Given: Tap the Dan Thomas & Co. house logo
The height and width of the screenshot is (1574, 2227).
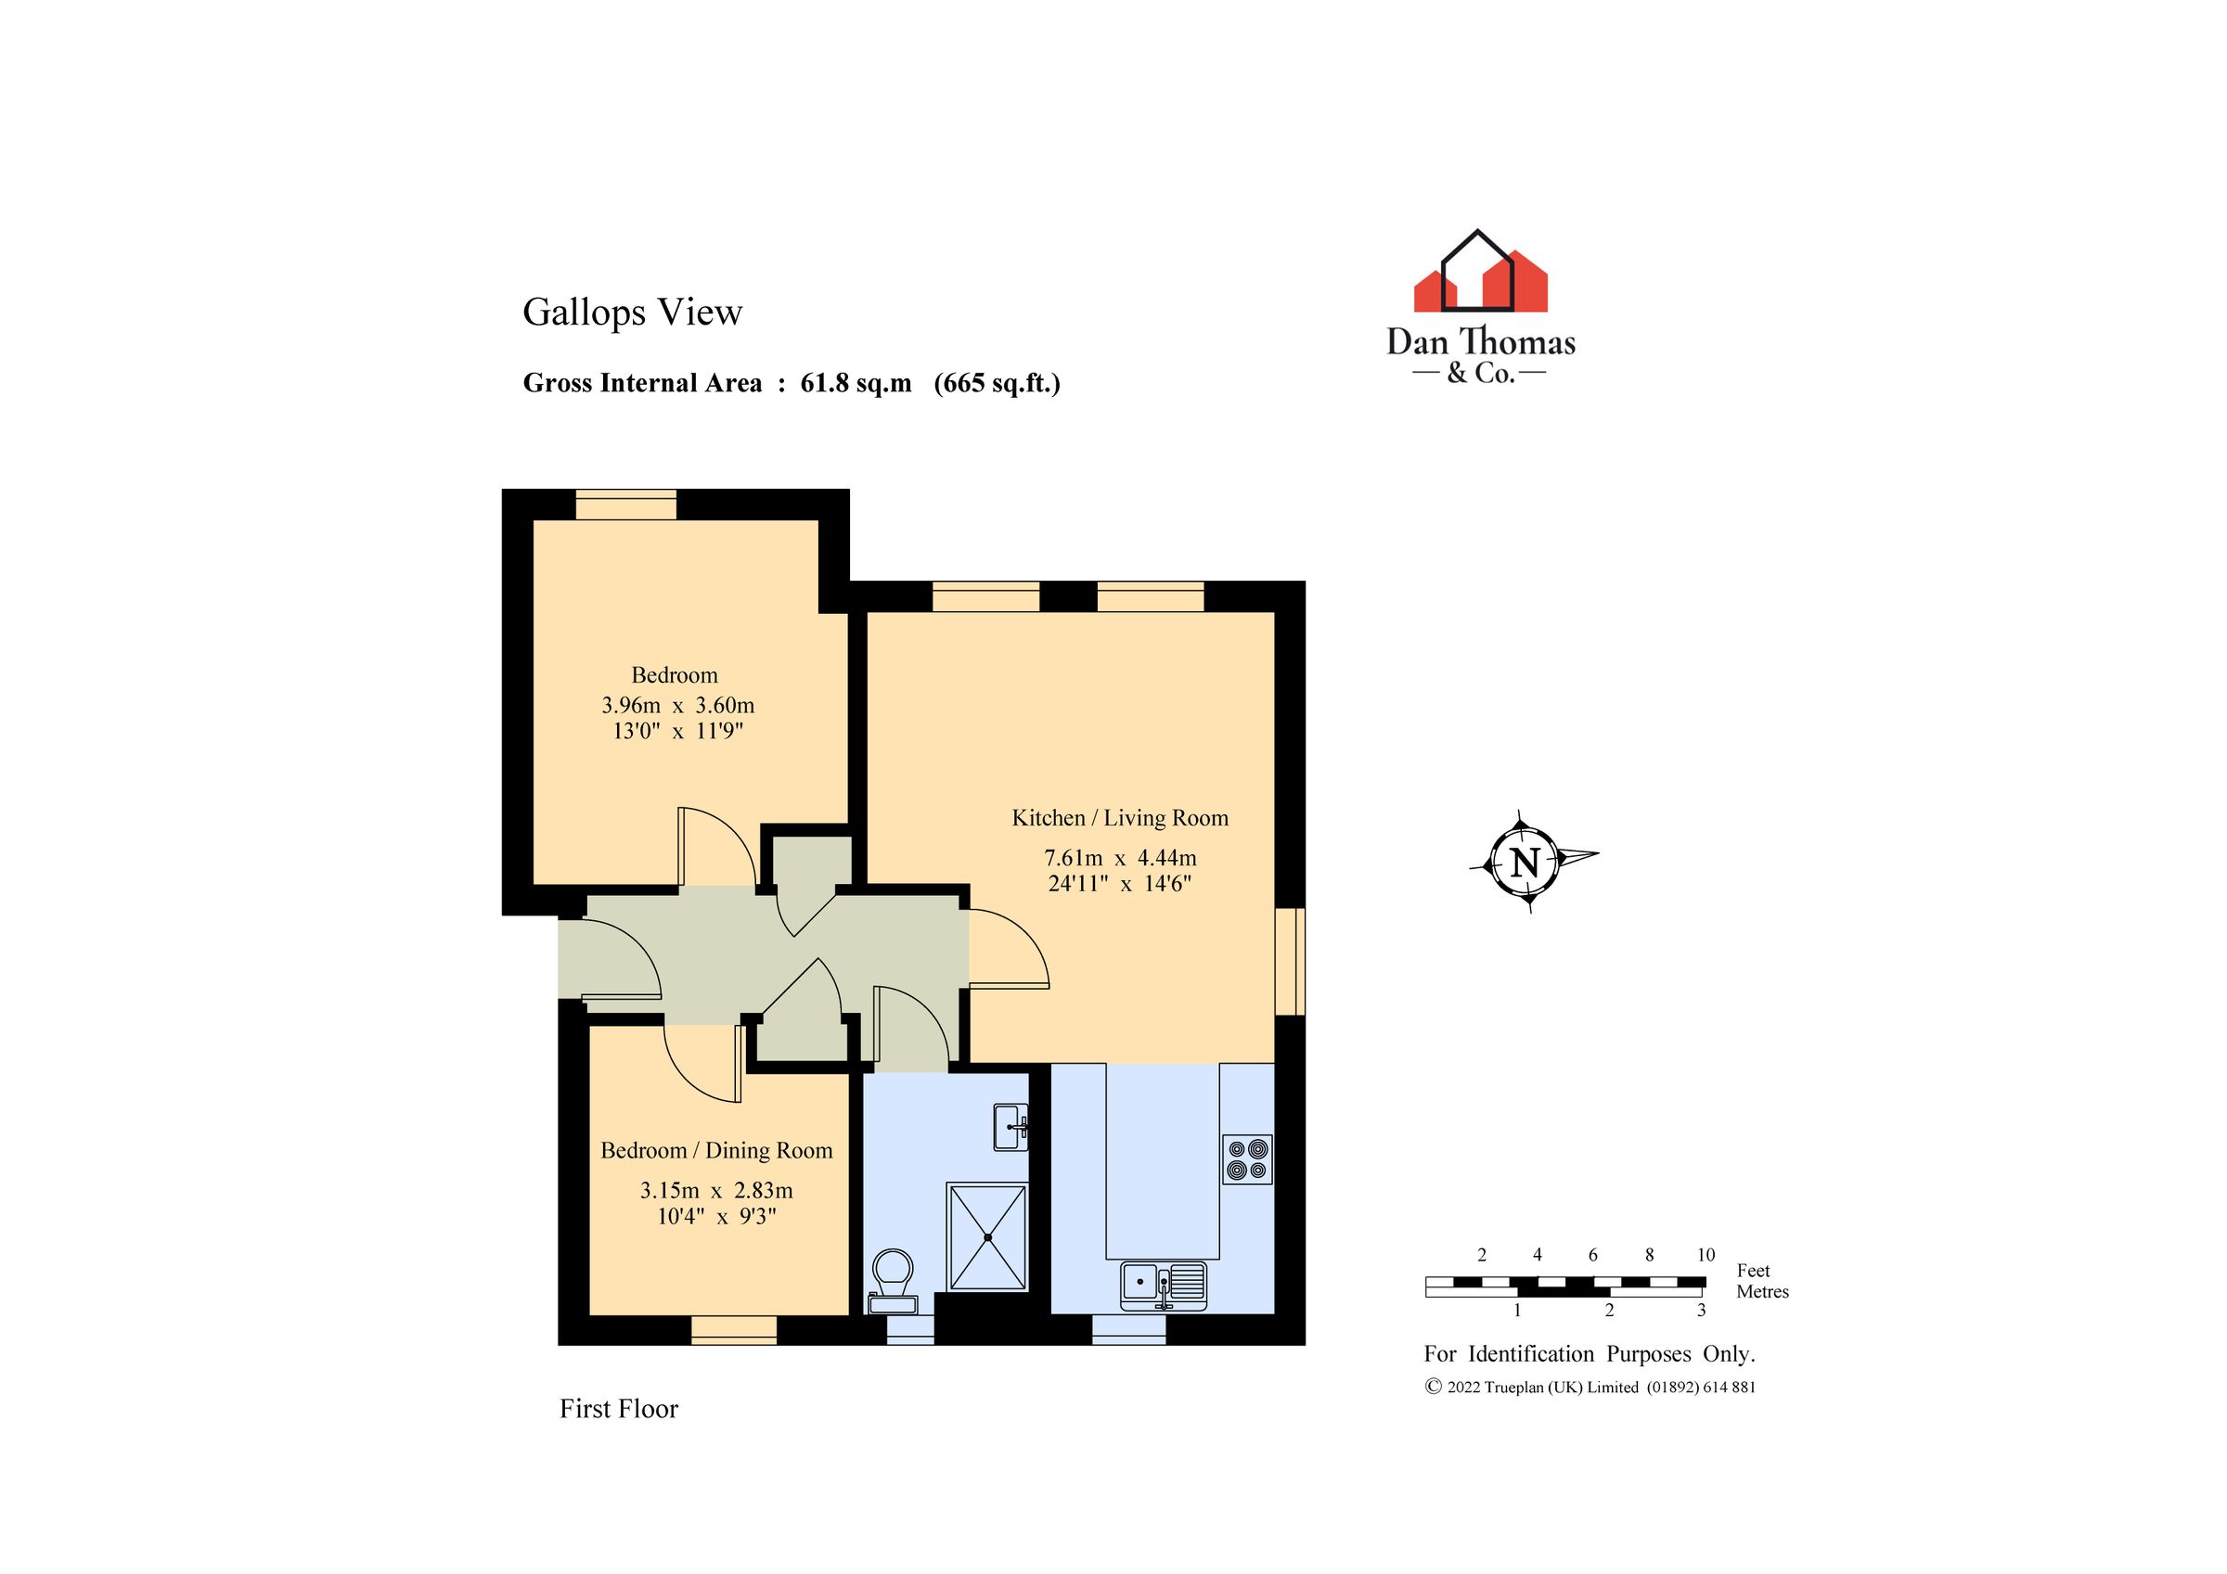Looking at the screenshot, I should (1479, 273).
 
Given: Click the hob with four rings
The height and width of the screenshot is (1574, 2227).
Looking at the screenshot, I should (1246, 1158).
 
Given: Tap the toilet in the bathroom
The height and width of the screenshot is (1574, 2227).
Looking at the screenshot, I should (892, 1280).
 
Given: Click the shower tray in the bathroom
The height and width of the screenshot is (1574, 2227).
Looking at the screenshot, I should (986, 1236).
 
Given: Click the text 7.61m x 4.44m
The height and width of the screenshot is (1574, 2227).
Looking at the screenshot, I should (1119, 857).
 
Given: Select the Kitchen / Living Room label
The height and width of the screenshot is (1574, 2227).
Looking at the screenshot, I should (1119, 817).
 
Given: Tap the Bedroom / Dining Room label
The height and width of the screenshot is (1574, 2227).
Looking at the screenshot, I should (715, 1150).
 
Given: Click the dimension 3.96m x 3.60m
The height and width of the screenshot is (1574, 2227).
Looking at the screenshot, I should (677, 705).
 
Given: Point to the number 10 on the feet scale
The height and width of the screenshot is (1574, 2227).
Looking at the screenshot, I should (1706, 1254).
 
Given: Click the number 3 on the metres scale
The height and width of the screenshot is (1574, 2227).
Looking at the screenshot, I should (1700, 1311).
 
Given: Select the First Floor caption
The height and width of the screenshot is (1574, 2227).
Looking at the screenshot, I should (618, 1408).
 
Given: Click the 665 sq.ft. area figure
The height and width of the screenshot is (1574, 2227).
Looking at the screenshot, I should (997, 383).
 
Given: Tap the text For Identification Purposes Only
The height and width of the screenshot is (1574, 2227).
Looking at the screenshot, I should (1589, 1354).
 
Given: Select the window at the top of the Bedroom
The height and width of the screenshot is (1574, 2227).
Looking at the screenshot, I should (625, 505).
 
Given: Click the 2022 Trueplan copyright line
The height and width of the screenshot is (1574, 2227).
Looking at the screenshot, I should (1590, 1387).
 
